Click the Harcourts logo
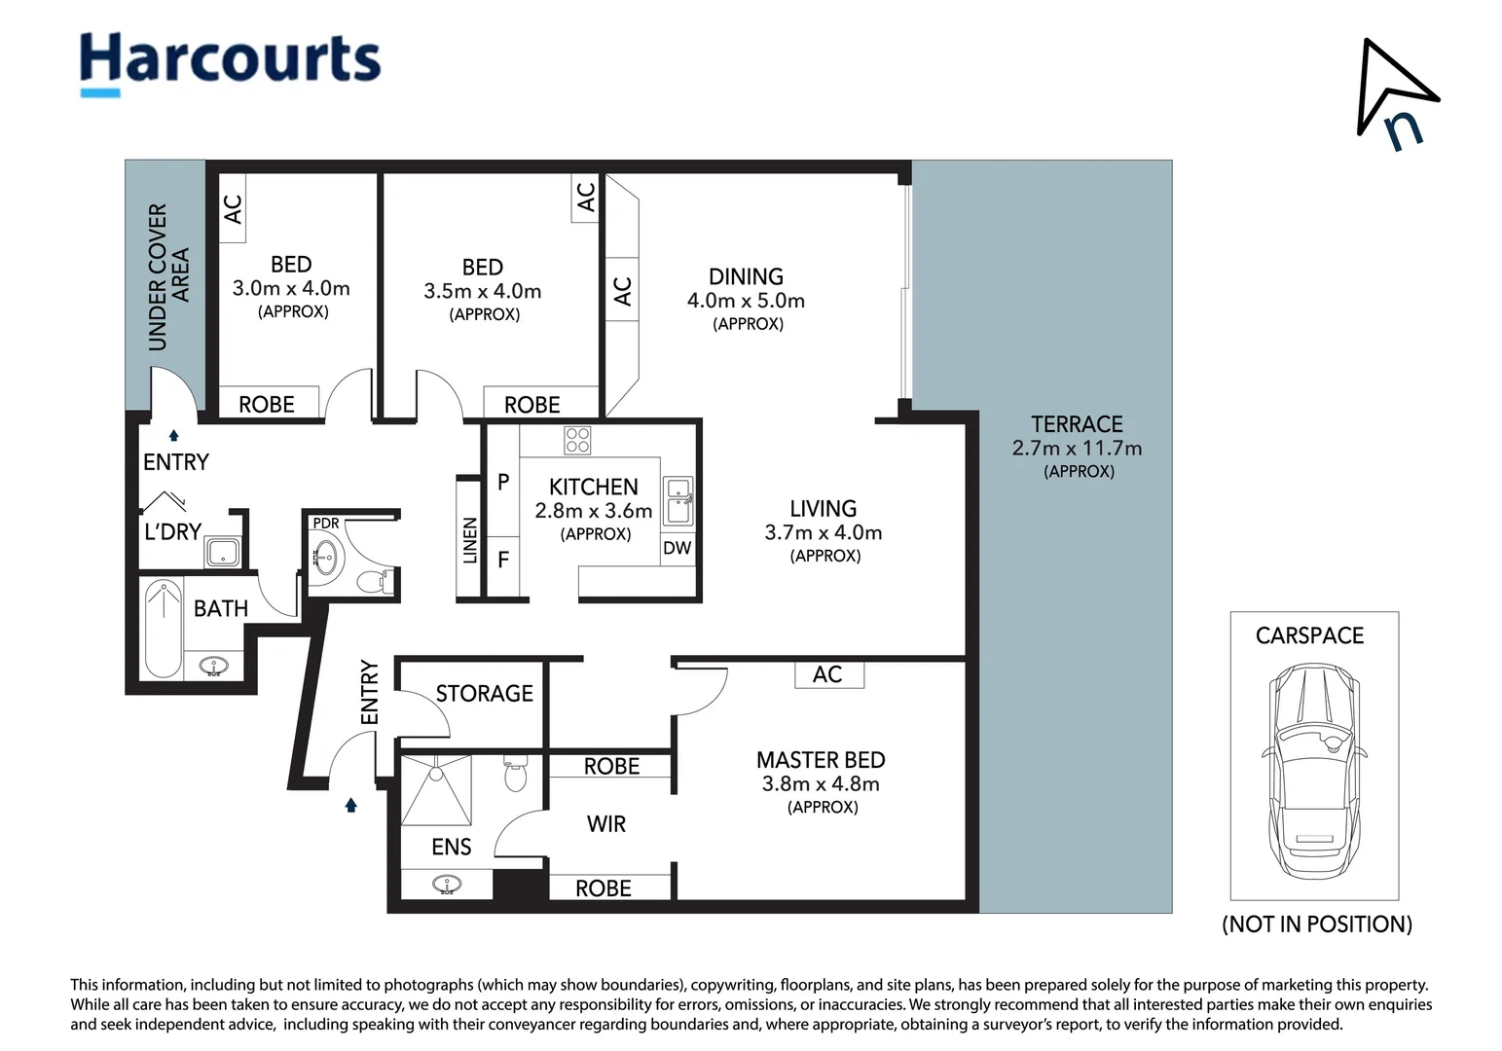(230, 64)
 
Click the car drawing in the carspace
(1314, 771)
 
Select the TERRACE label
(1077, 424)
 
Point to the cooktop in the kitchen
(577, 441)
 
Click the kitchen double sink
(678, 501)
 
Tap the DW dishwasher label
(678, 548)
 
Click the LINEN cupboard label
(470, 540)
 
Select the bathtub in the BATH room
(163, 629)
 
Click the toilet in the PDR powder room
(376, 580)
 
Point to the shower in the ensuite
(436, 789)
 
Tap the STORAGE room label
(484, 693)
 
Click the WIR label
(606, 824)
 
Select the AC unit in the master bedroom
(828, 674)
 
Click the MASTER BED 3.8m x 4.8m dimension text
(820, 783)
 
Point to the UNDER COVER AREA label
(168, 276)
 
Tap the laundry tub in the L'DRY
(223, 552)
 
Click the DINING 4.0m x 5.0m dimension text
(746, 301)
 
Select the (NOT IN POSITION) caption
(1317, 924)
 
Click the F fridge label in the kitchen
(503, 560)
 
